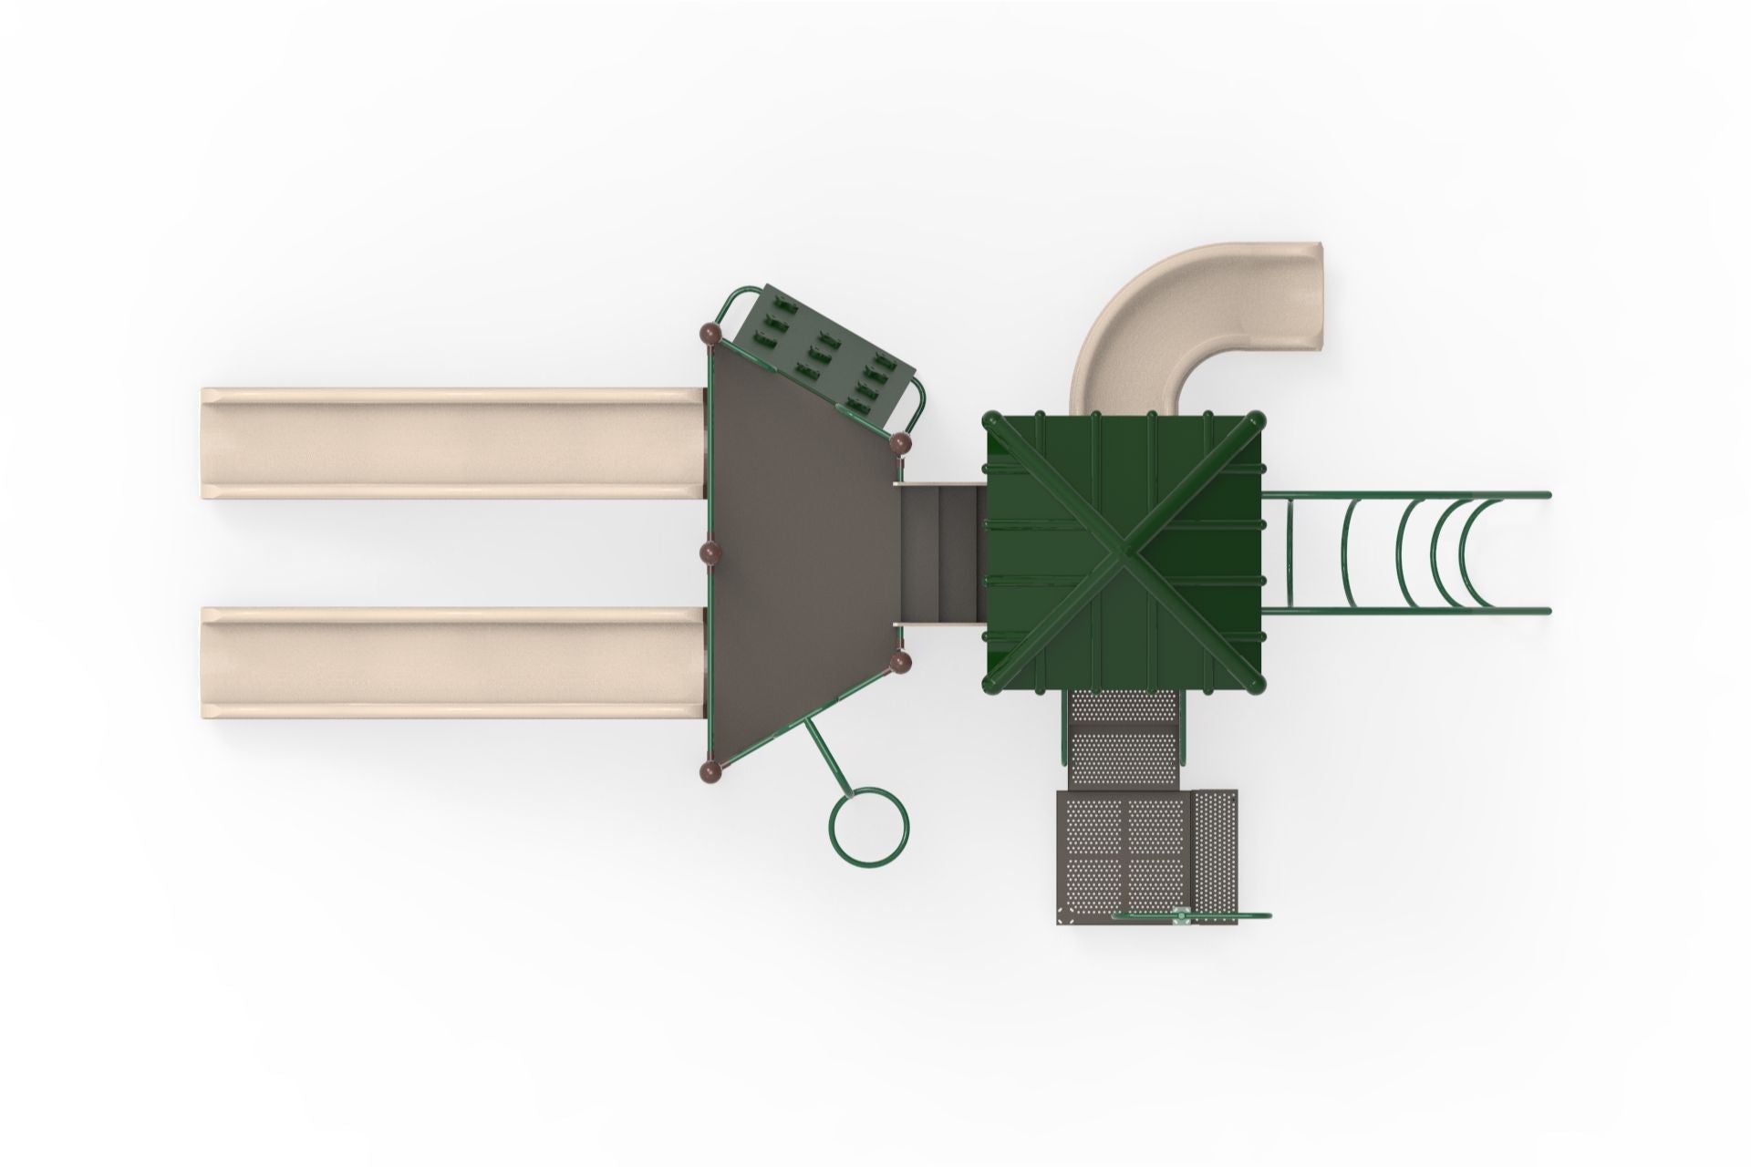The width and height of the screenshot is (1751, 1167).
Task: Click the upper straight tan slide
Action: point(451,443)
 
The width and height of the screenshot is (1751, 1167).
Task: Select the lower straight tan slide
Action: point(451,663)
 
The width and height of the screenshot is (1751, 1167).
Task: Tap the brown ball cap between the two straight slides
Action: point(710,553)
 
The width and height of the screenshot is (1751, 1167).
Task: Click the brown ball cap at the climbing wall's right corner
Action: point(900,445)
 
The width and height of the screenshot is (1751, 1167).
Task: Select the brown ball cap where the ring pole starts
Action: point(900,661)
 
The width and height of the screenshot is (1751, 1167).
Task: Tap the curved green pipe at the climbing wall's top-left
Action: point(732,303)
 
